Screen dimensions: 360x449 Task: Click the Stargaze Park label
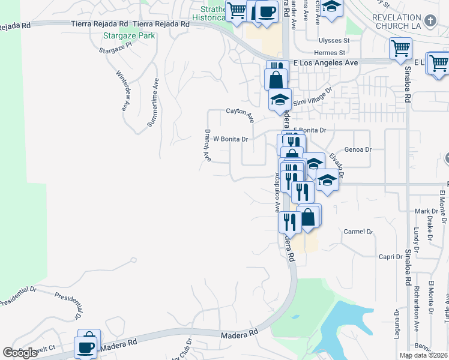tap(129, 35)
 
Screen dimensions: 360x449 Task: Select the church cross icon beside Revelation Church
tap(430, 21)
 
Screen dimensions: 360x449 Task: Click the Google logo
tap(20, 353)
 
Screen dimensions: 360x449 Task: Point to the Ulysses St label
tap(335, 41)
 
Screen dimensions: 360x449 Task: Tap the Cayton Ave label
tap(240, 111)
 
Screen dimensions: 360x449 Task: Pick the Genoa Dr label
tap(358, 149)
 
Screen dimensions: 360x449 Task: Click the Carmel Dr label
tap(358, 231)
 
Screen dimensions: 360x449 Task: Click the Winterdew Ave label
tap(123, 93)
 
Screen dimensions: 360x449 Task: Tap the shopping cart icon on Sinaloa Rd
tap(400, 48)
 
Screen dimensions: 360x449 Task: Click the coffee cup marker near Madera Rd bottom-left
tap(85, 347)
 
